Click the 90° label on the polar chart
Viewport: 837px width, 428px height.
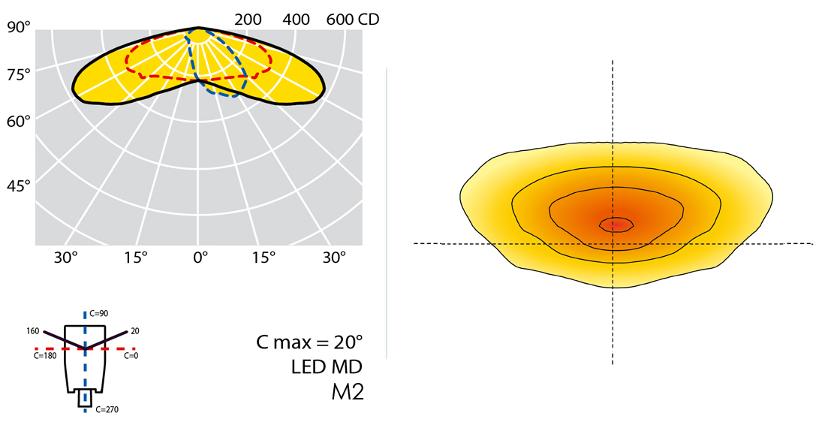(x=18, y=27)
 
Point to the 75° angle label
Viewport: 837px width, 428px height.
(x=18, y=74)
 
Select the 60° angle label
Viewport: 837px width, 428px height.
(x=18, y=119)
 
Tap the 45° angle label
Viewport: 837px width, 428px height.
(x=18, y=185)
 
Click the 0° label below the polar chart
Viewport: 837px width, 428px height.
(x=200, y=258)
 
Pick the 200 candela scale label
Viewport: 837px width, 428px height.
(x=248, y=20)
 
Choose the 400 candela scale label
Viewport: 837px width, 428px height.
(x=297, y=20)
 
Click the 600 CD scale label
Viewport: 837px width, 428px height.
(x=352, y=20)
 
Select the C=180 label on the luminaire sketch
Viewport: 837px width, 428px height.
(x=44, y=357)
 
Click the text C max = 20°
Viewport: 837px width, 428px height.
(x=309, y=342)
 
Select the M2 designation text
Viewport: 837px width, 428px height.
(x=348, y=392)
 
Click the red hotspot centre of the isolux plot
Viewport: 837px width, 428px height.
(x=616, y=223)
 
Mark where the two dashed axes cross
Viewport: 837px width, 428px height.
(x=613, y=243)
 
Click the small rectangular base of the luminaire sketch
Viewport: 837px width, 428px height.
(x=86, y=399)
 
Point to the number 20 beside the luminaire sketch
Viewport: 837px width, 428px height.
(x=135, y=330)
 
